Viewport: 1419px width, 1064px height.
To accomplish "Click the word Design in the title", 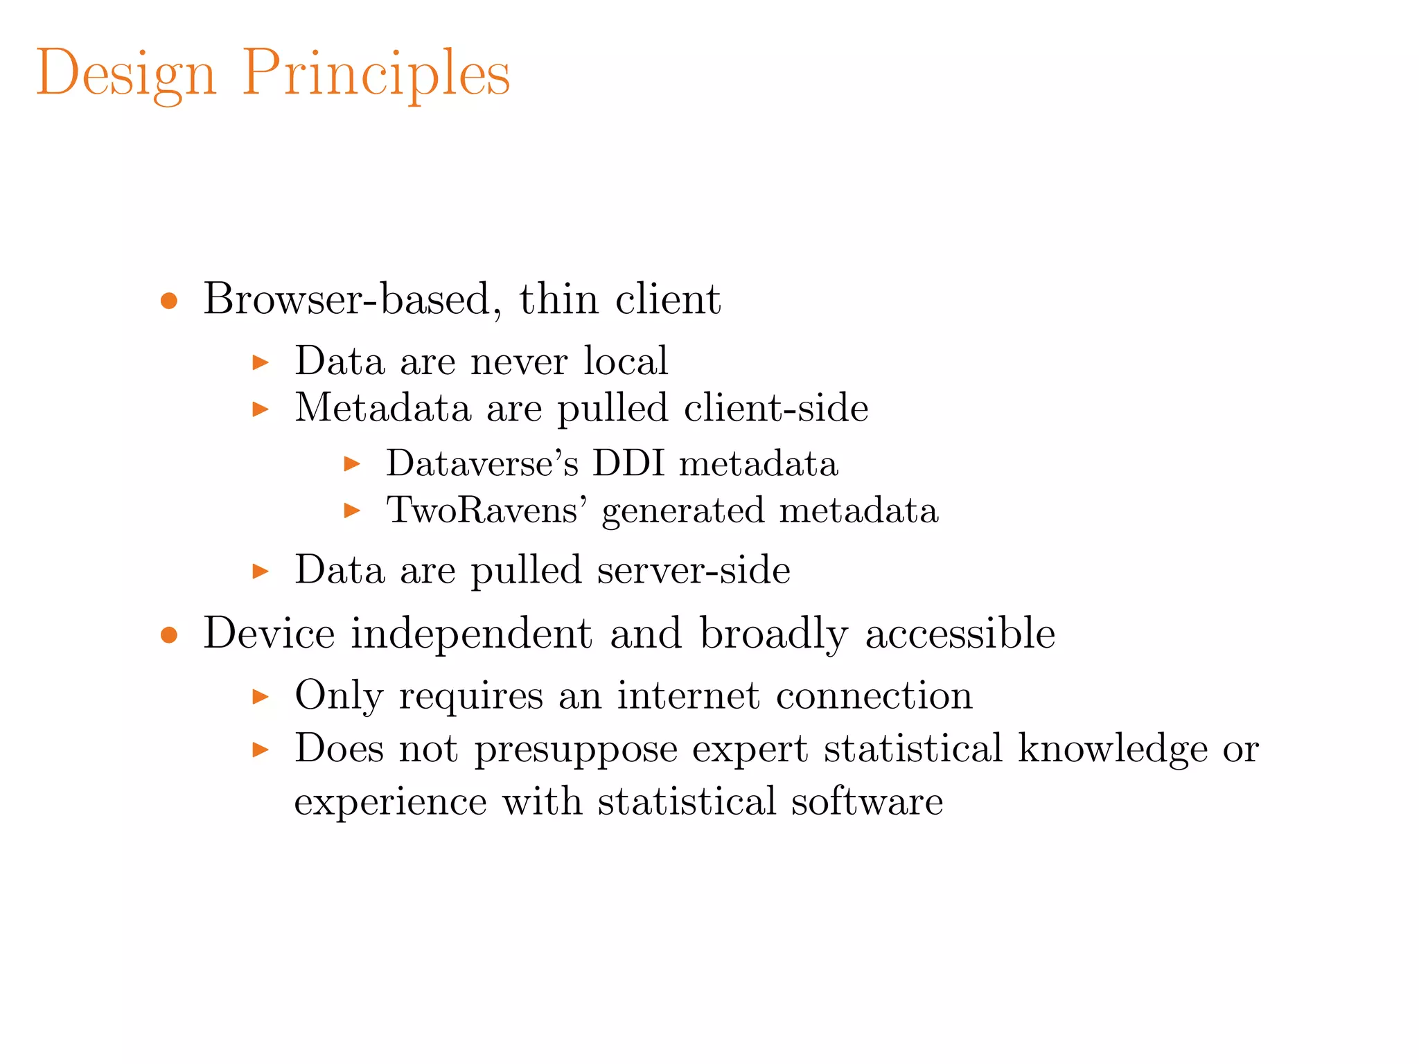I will coord(125,74).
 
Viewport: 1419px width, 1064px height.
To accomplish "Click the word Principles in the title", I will coord(376,74).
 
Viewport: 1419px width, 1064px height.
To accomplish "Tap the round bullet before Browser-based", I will coord(169,301).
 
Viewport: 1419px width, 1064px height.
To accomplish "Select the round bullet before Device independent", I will coord(169,635).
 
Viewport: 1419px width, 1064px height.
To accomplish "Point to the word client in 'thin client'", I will coord(668,299).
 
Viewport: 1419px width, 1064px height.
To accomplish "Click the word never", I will coord(519,362).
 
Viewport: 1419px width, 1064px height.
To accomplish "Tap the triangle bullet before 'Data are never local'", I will coord(261,362).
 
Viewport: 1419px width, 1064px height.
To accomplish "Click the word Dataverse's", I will coord(482,463).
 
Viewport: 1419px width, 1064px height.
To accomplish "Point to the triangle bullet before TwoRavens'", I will coord(353,511).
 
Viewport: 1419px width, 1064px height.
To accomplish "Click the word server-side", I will coord(694,570).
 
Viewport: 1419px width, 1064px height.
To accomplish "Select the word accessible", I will coord(960,633).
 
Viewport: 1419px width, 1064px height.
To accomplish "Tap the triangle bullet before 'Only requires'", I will coord(261,696).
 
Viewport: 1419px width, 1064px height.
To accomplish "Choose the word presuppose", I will coord(576,750).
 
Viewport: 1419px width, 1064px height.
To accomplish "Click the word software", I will coord(867,802).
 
